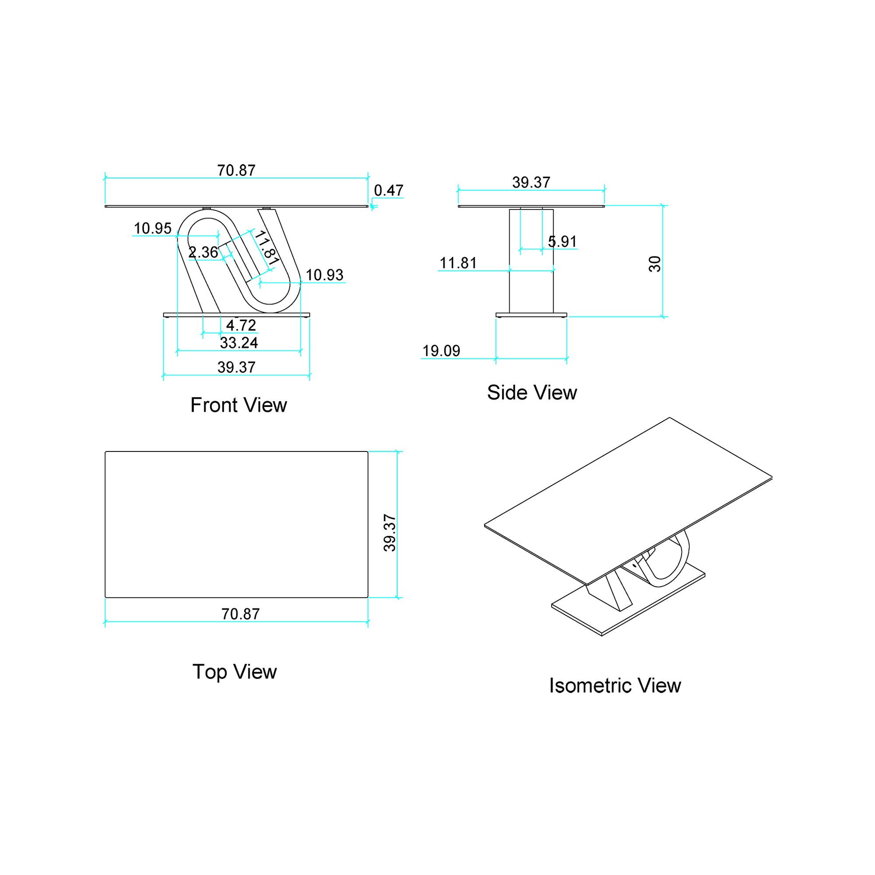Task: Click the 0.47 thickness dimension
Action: point(388,191)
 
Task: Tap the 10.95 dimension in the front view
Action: point(152,228)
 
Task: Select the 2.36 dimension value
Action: point(203,252)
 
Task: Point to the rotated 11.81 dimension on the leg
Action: point(265,248)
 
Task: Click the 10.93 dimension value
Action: point(324,275)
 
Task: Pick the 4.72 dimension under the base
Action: point(241,325)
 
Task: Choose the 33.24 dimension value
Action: point(239,343)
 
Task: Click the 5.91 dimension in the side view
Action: point(562,242)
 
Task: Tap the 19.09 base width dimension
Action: point(441,351)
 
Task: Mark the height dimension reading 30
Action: point(655,263)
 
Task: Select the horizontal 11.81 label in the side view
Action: point(458,263)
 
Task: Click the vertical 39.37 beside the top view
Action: point(390,533)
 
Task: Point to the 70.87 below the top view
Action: point(241,614)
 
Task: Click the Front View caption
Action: point(238,405)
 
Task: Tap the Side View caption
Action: point(532,393)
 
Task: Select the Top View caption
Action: point(234,672)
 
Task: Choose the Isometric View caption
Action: point(615,686)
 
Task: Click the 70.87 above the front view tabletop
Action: point(237,171)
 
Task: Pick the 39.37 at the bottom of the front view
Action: point(237,367)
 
